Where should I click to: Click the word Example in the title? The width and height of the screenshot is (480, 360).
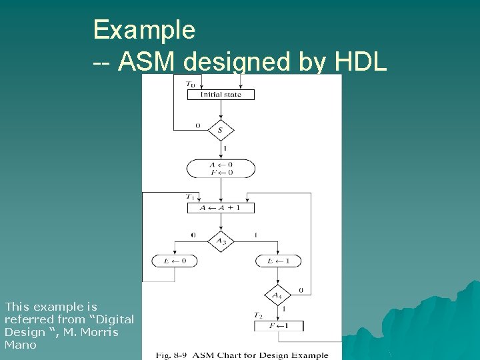pyautogui.click(x=144, y=30)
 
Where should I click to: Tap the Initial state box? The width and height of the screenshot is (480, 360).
pyautogui.click(x=221, y=95)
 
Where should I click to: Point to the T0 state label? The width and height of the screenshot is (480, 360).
pyautogui.click(x=191, y=85)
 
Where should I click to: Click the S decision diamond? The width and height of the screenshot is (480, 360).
pyautogui.click(x=221, y=130)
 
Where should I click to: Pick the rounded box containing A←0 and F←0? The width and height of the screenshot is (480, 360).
pyautogui.click(x=221, y=168)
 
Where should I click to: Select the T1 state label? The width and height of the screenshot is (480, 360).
pyautogui.click(x=191, y=197)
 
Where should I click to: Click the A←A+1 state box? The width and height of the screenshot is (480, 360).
pyautogui.click(x=221, y=208)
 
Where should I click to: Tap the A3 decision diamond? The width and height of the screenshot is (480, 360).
pyautogui.click(x=221, y=241)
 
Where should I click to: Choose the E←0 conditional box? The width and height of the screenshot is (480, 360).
pyautogui.click(x=175, y=261)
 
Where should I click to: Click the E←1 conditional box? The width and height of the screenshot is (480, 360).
pyautogui.click(x=278, y=261)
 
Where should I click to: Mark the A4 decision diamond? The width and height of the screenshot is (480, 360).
pyautogui.click(x=278, y=295)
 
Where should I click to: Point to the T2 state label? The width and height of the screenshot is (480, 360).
pyautogui.click(x=258, y=315)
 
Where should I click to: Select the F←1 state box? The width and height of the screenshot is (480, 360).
pyautogui.click(x=278, y=326)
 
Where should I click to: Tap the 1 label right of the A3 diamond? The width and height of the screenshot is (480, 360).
pyautogui.click(x=257, y=235)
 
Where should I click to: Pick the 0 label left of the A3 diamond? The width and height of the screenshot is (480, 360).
pyautogui.click(x=193, y=235)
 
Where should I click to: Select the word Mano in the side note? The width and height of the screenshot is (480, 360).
pyautogui.click(x=21, y=345)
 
